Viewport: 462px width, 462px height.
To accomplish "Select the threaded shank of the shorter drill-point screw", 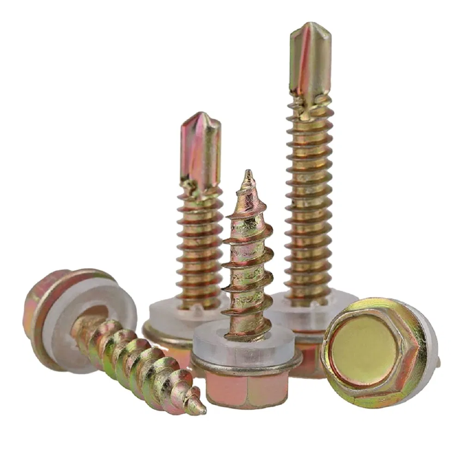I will point(200,249).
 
